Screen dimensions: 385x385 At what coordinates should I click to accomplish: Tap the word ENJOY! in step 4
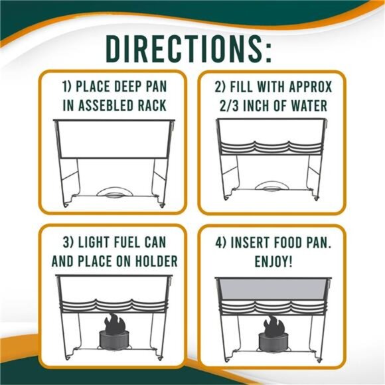274,260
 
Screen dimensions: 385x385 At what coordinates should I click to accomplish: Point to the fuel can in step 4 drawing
272,340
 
